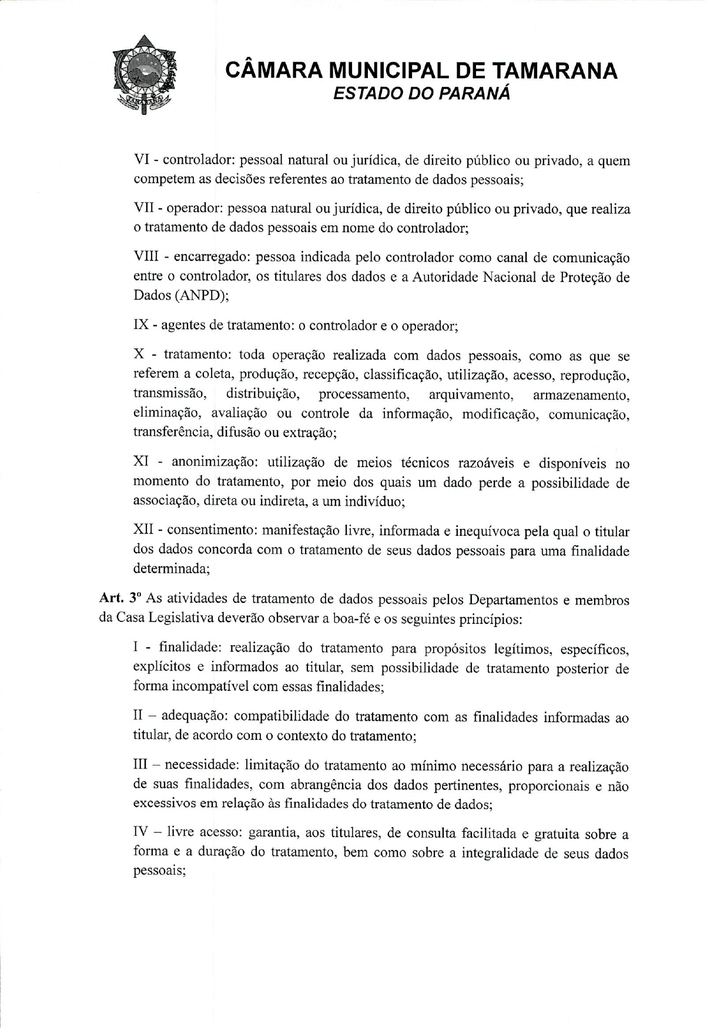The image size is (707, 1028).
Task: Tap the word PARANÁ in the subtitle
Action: (474, 94)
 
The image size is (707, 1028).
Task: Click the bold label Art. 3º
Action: (120, 599)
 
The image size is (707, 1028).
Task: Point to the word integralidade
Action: (506, 854)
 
